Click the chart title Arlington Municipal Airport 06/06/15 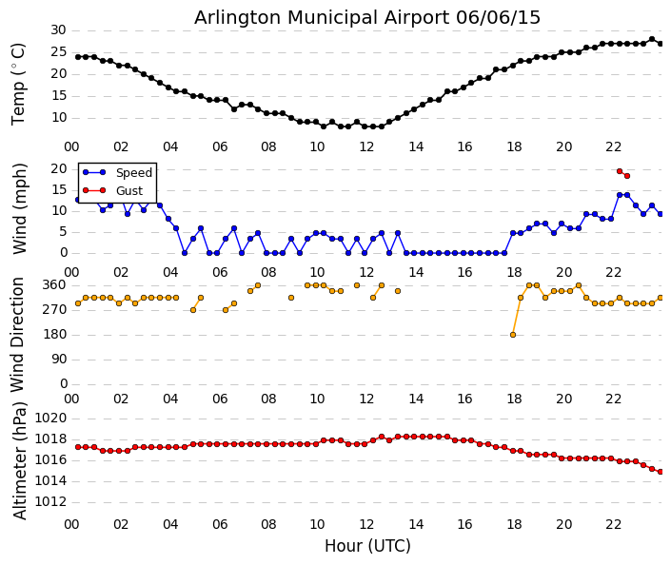[x=367, y=17]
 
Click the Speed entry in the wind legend [x=133, y=173]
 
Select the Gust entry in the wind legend [x=128, y=190]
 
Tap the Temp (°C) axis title [x=19, y=83]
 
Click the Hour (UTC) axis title [x=367, y=546]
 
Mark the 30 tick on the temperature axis [x=57, y=30]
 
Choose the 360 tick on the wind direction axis [x=54, y=284]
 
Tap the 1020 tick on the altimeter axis [x=50, y=418]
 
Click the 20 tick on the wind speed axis [x=57, y=169]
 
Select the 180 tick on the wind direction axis [x=54, y=334]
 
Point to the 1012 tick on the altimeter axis [x=50, y=501]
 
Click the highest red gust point [x=619, y=171]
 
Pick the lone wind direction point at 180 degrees [x=512, y=334]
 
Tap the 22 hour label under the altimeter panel [x=613, y=524]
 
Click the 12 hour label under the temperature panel [x=366, y=146]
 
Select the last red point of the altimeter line [x=660, y=471]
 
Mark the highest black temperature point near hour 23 [x=651, y=39]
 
